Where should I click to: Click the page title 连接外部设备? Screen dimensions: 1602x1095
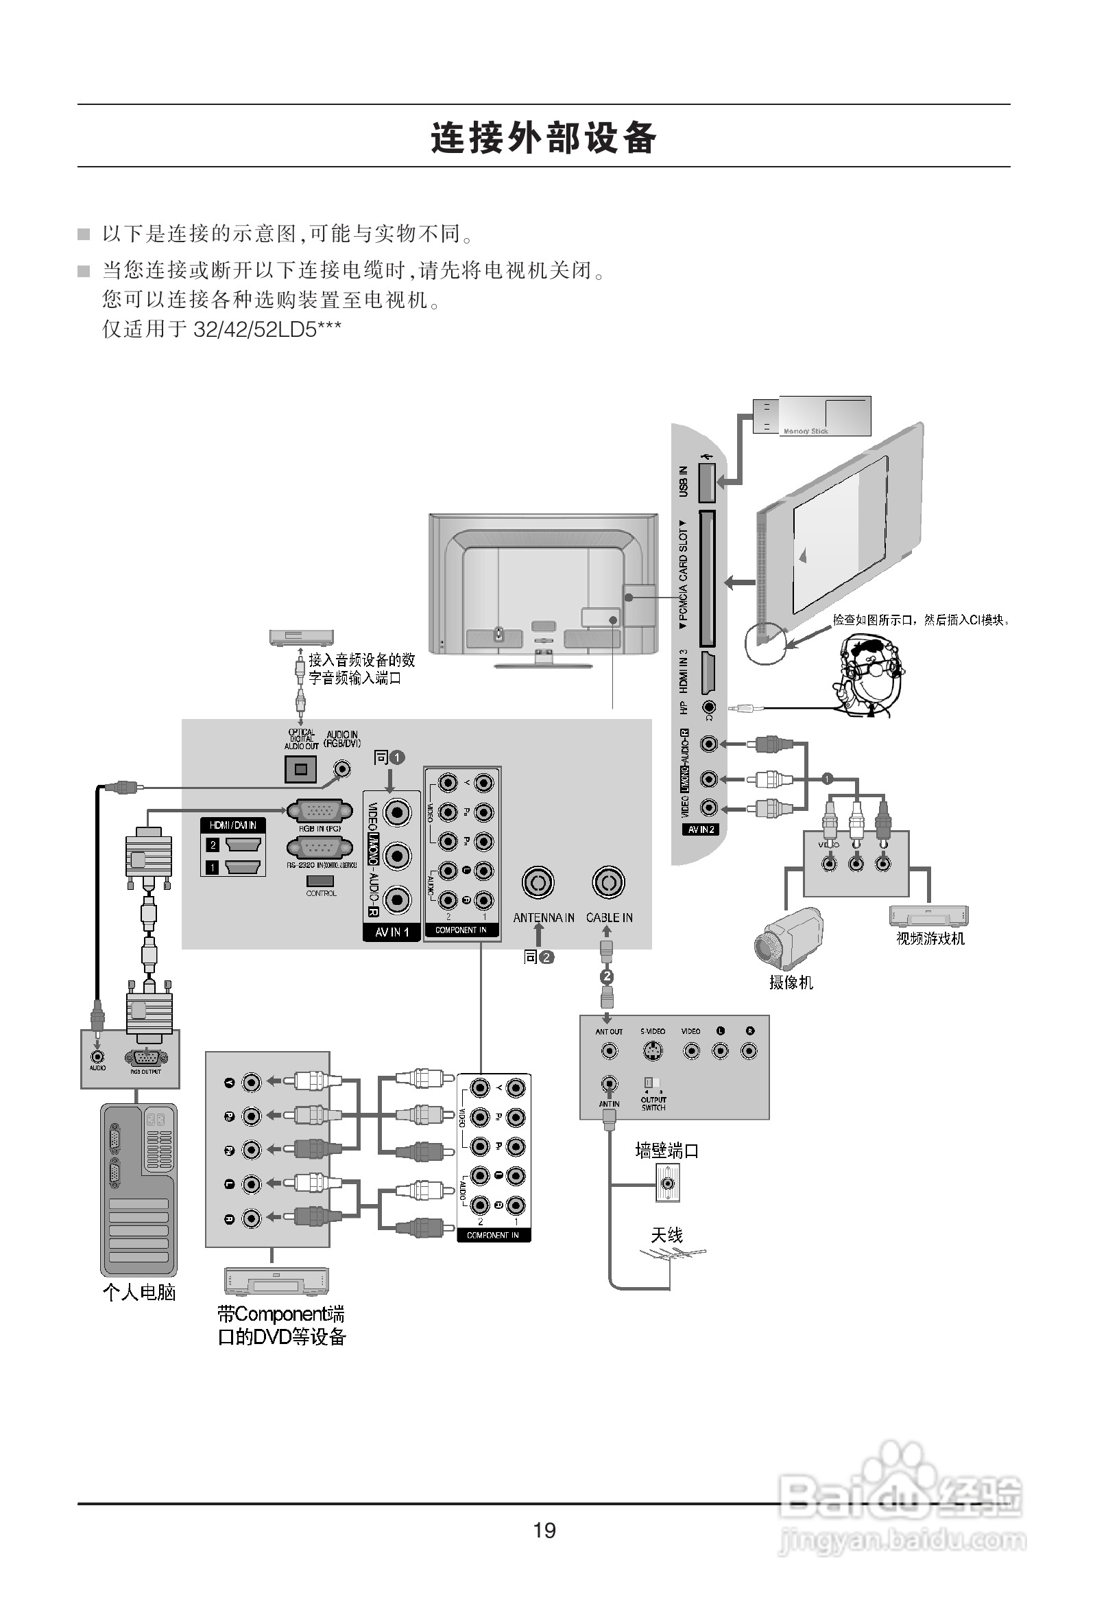tap(544, 137)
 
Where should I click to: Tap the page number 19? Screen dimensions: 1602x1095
tap(544, 1531)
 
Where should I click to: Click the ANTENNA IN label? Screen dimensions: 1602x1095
tap(543, 917)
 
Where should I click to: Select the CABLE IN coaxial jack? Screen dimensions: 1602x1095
tap(607, 882)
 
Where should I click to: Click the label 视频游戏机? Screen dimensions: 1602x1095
tap(930, 938)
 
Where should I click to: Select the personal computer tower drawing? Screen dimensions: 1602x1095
tap(139, 1190)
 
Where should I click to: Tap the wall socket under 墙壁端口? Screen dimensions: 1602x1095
tap(667, 1183)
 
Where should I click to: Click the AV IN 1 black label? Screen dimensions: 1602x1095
tap(392, 932)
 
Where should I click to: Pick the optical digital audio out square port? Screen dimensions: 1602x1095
tap(300, 769)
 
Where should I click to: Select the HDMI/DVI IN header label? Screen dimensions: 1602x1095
tap(233, 825)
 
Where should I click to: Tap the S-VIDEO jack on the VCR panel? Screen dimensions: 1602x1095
tap(652, 1051)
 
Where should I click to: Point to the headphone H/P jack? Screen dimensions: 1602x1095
tap(708, 707)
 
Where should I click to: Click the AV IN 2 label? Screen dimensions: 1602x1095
tap(701, 829)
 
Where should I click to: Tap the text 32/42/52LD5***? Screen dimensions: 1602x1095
tap(267, 329)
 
